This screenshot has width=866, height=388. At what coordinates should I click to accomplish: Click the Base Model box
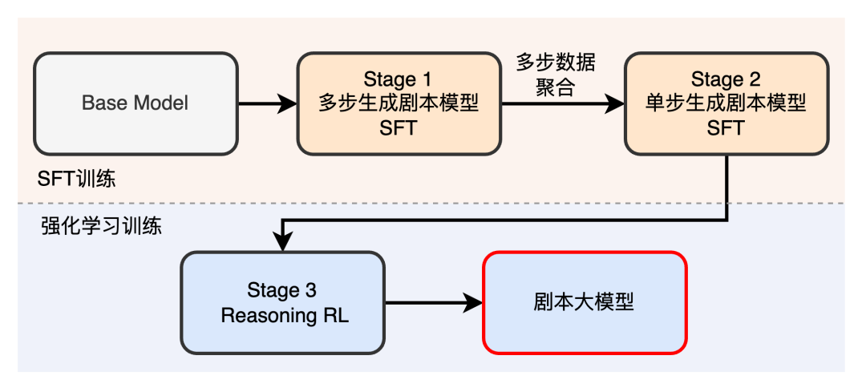pos(135,103)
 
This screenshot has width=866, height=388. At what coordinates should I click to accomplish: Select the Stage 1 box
pos(398,103)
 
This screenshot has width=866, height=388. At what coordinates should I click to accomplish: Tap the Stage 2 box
pos(726,103)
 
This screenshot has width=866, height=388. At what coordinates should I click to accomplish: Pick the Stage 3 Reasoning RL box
pos(282,302)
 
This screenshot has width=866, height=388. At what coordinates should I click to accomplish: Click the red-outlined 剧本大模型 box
pos(584,302)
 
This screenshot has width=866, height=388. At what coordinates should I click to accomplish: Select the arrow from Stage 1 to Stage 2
pos(561,103)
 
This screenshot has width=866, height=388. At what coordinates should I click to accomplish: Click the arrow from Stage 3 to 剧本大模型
pos(434,302)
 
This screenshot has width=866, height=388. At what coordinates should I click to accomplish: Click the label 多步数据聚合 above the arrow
pos(555,75)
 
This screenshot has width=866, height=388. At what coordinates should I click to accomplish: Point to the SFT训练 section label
pos(76,178)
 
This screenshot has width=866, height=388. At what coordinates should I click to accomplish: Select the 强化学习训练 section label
pos(101,226)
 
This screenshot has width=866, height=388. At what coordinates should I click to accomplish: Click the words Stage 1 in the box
pos(398,79)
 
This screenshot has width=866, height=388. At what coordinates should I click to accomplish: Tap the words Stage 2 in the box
pos(726,79)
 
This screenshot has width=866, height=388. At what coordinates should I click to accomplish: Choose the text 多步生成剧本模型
pos(398,103)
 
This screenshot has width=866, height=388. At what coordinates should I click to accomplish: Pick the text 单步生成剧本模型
pos(726,103)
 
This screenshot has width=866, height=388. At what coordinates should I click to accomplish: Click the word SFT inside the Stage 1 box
pos(398,128)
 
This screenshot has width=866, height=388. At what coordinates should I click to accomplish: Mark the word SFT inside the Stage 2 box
pos(726,128)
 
